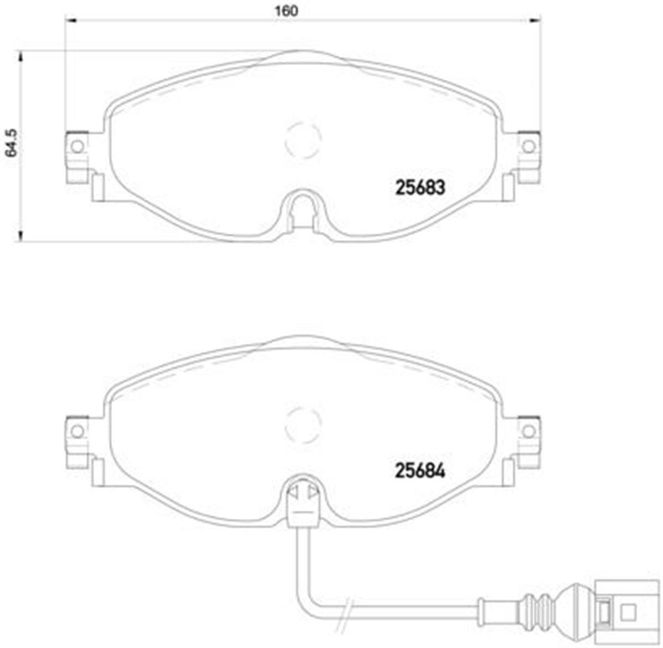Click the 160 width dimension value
(x=287, y=10)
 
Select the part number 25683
(x=420, y=188)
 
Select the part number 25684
(x=420, y=471)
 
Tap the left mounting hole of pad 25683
(x=77, y=146)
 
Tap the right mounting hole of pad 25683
(x=529, y=146)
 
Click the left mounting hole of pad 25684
(x=77, y=430)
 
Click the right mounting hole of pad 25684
(x=529, y=430)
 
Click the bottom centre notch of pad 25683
(x=302, y=210)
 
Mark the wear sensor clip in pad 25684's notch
(x=302, y=494)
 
